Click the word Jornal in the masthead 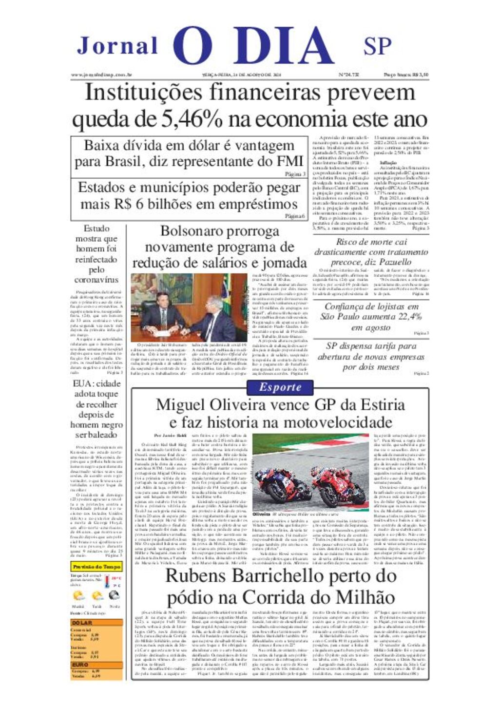click(117, 46)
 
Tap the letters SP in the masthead click(377, 46)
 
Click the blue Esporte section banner click(280, 387)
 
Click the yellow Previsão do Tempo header click(96, 567)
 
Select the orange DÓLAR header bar click(96, 623)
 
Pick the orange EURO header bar click(96, 665)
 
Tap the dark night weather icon click(115, 595)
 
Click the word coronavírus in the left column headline click(96, 280)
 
